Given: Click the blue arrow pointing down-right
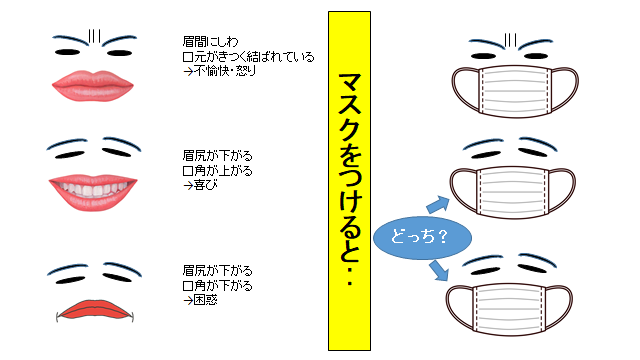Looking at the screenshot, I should [x=439, y=271].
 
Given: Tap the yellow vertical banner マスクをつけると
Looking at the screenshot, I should [x=349, y=180].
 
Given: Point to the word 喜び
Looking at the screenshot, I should [x=206, y=184].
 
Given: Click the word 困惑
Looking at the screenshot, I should [x=206, y=297].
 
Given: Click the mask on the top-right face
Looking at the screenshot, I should [x=512, y=95].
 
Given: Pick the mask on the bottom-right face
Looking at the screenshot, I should [x=512, y=300].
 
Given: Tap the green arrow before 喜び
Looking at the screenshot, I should [x=187, y=184].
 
